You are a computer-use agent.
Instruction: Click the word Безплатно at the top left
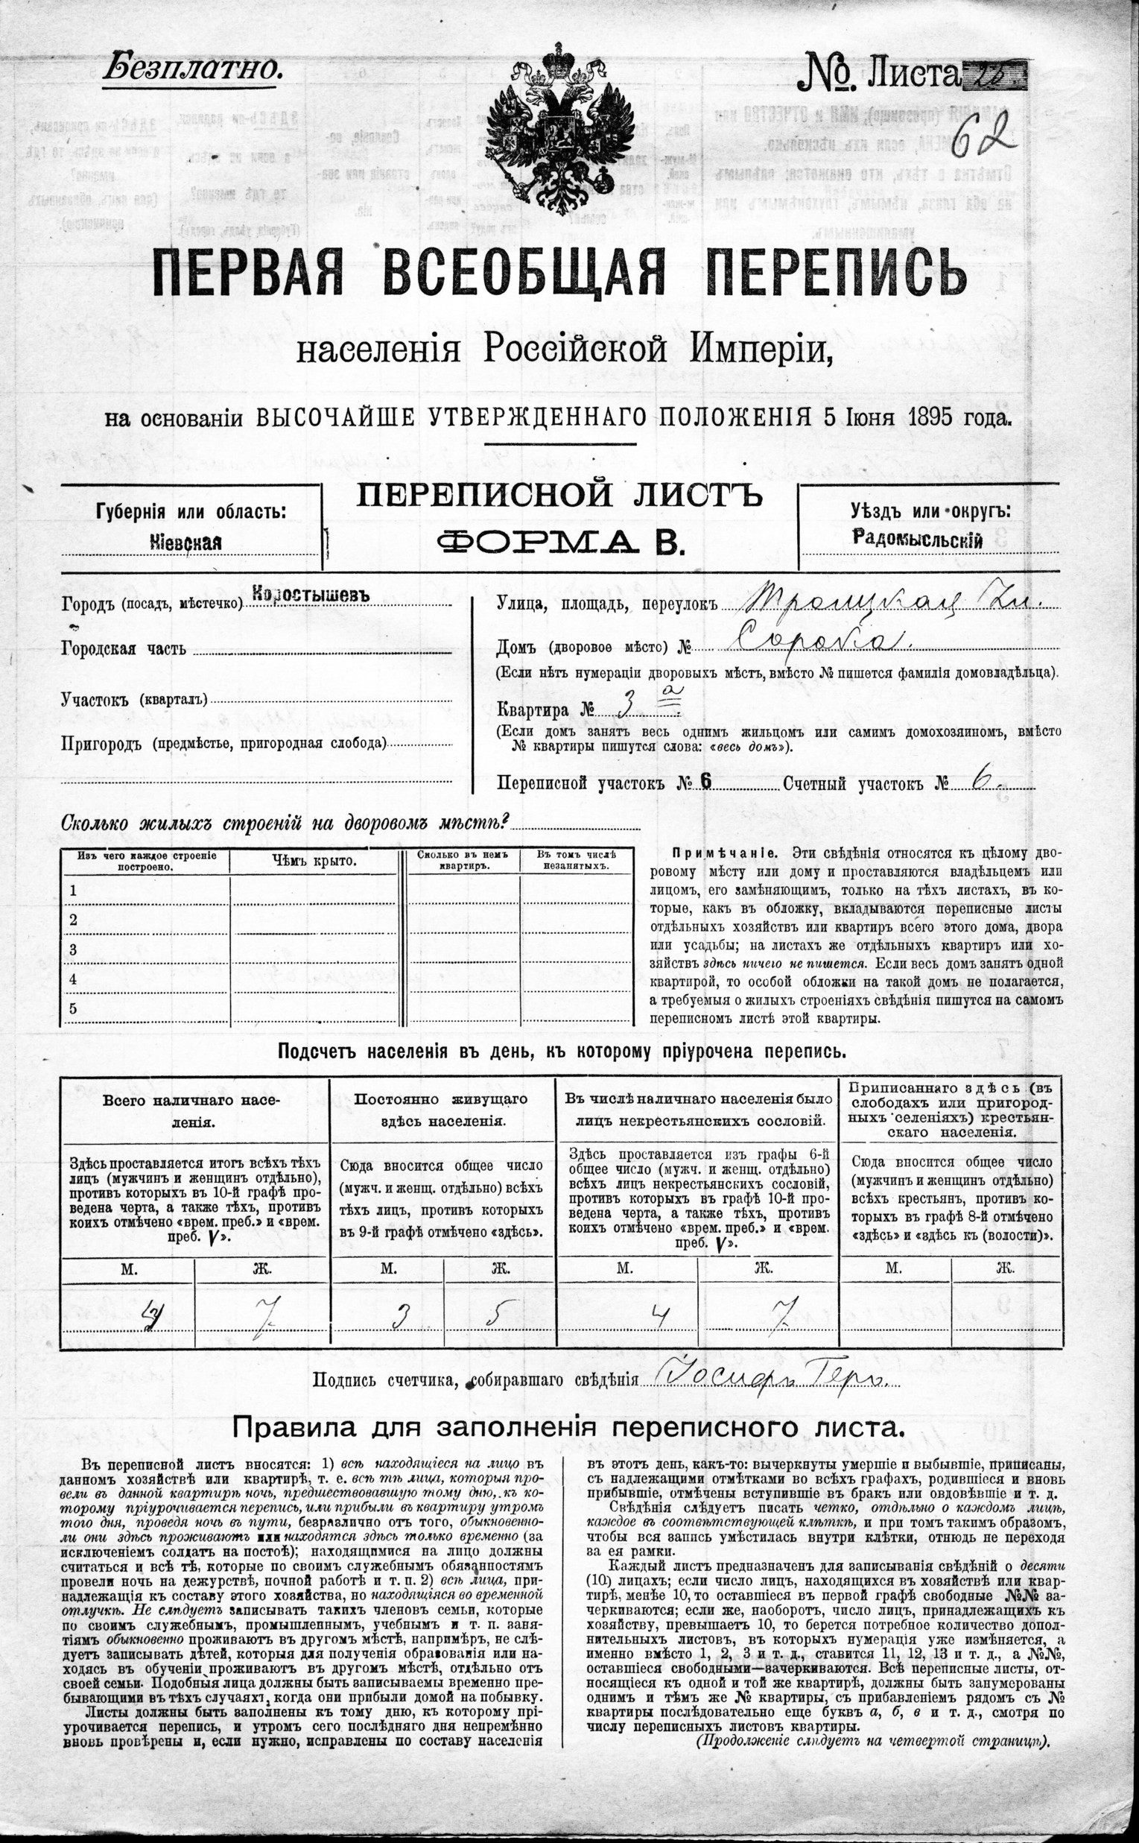point(192,69)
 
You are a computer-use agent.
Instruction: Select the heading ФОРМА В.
point(560,541)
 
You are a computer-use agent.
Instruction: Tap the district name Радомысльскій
point(918,538)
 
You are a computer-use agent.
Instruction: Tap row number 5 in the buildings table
point(73,1008)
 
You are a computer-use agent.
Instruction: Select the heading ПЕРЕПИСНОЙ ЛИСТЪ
point(559,496)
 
